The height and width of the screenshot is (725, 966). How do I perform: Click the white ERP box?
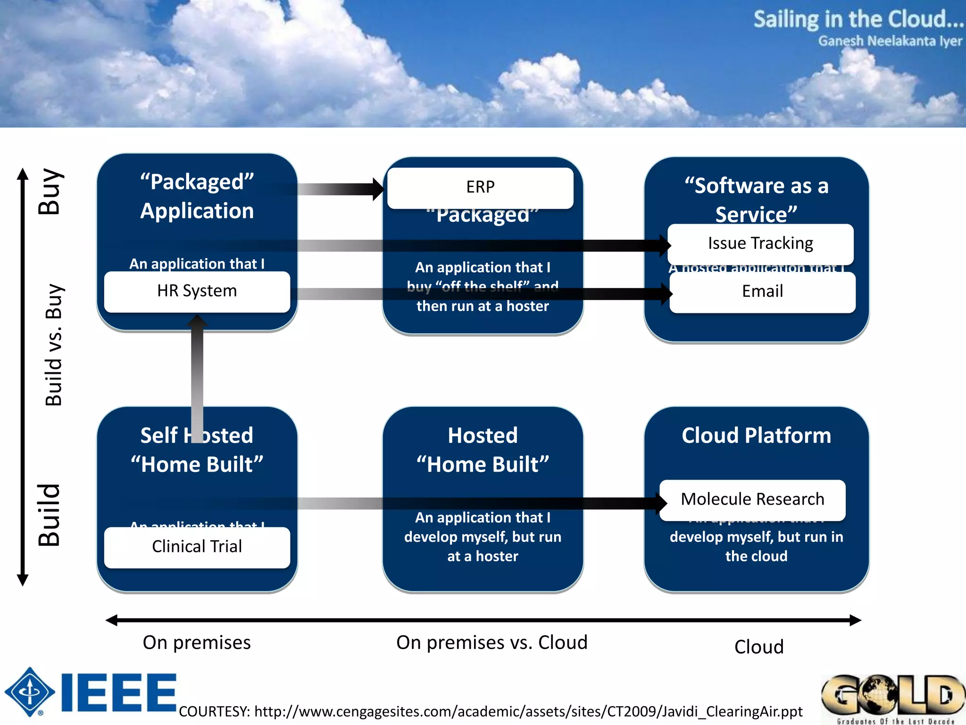coord(480,187)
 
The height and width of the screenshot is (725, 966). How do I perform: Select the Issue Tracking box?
coord(760,244)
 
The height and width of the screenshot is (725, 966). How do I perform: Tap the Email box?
coord(762,291)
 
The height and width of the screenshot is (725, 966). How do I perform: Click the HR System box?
coord(197,291)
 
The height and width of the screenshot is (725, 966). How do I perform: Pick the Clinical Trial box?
coord(197,547)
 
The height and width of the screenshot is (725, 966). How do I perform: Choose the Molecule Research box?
coord(752,499)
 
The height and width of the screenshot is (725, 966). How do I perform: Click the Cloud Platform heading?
coord(756,435)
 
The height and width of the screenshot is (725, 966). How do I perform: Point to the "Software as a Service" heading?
coord(756,199)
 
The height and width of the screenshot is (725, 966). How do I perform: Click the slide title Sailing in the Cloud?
coord(858,20)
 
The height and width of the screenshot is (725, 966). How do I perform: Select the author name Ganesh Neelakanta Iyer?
coord(890,42)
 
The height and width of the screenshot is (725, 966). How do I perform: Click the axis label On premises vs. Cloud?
coord(491,643)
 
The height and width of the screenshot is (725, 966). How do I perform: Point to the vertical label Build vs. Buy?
coord(53,345)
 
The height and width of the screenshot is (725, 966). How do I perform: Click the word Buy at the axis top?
coord(50,191)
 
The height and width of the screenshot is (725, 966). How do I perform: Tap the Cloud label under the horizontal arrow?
coord(758,647)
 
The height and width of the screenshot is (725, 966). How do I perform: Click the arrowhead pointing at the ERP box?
coord(379,189)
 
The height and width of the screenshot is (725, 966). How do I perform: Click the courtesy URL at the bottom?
coord(491,711)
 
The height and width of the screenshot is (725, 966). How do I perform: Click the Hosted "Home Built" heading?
coord(483,449)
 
